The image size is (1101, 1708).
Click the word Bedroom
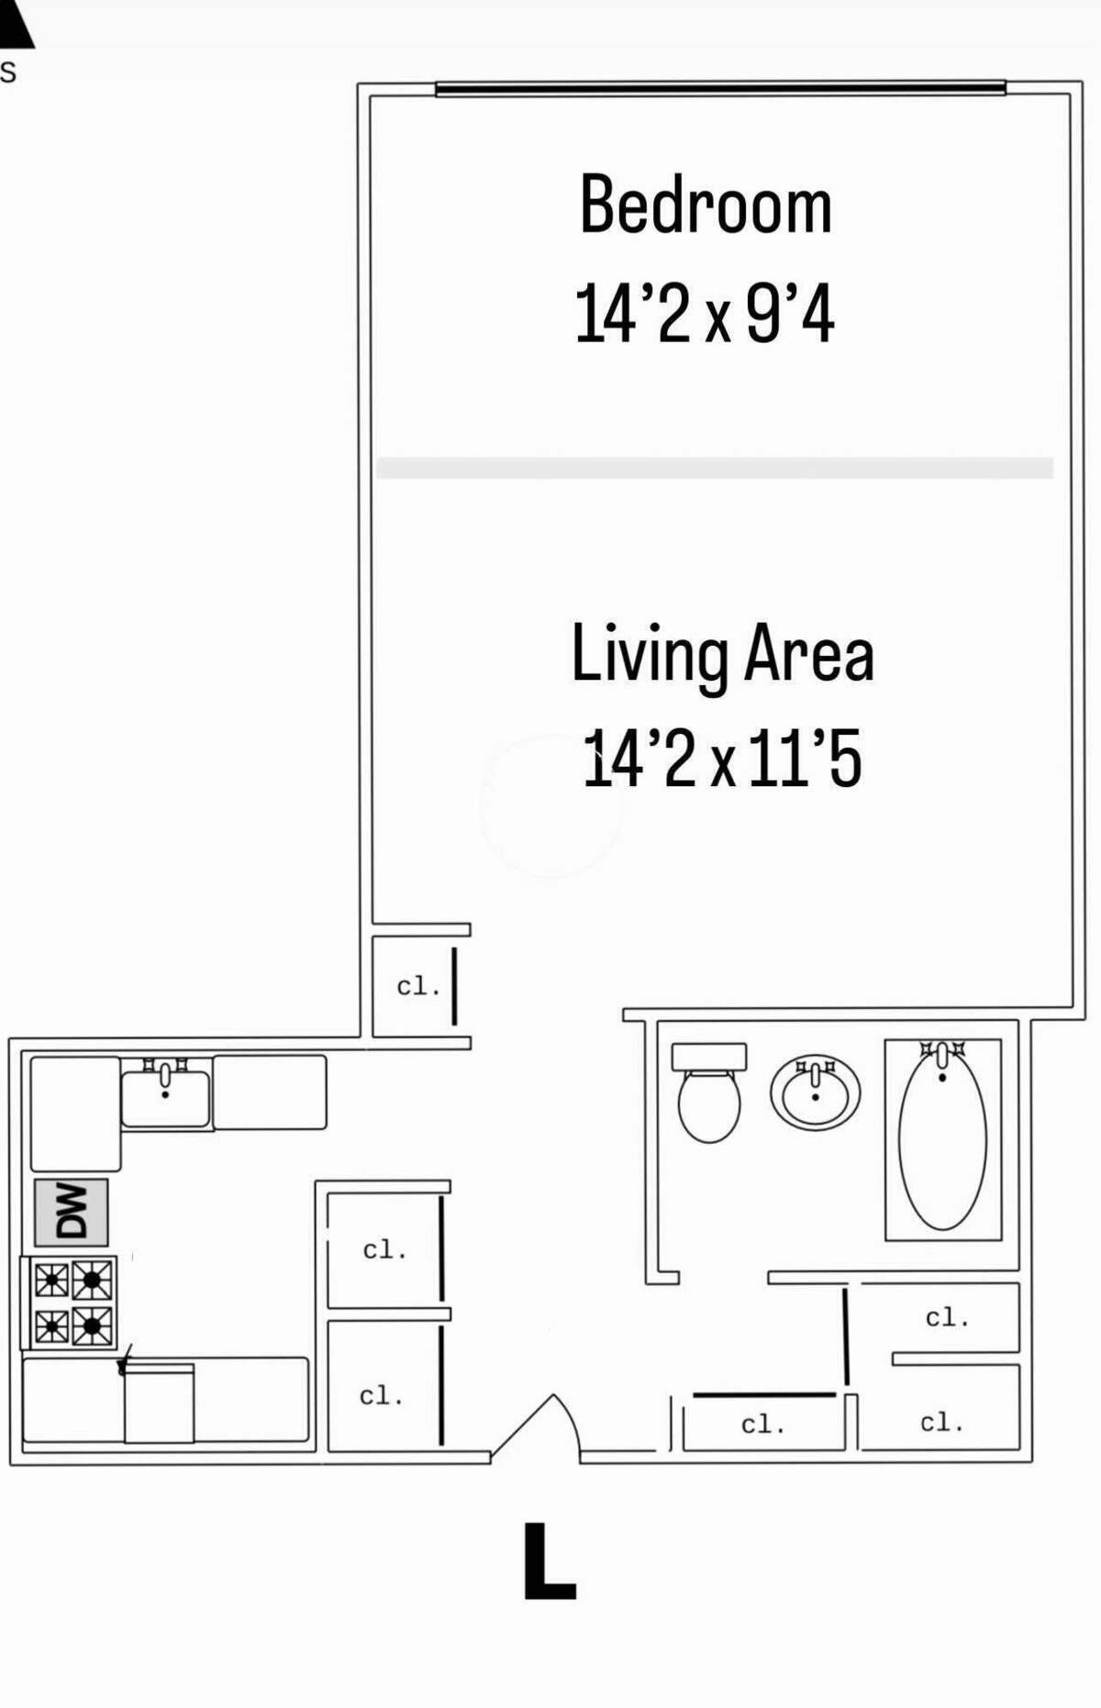point(706,205)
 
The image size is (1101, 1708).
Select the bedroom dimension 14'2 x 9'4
point(705,314)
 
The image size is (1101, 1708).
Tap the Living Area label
point(723,654)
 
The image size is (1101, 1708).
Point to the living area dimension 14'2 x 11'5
point(723,759)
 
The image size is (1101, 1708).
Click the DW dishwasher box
point(72,1212)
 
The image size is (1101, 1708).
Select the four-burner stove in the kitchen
point(71,1303)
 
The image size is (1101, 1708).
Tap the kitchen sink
point(166,1093)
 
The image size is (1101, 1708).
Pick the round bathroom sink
point(816,1092)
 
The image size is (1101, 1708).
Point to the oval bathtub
point(943,1137)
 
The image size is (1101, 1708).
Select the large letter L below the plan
point(549,1560)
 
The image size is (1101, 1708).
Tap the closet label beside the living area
point(418,986)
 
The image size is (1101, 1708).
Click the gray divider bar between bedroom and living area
point(715,468)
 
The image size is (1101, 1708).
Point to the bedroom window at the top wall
point(720,89)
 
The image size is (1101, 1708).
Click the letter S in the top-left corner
point(8,72)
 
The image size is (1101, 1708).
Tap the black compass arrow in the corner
point(16,25)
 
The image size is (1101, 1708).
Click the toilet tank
point(709,1057)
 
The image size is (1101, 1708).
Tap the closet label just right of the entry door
point(763,1425)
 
